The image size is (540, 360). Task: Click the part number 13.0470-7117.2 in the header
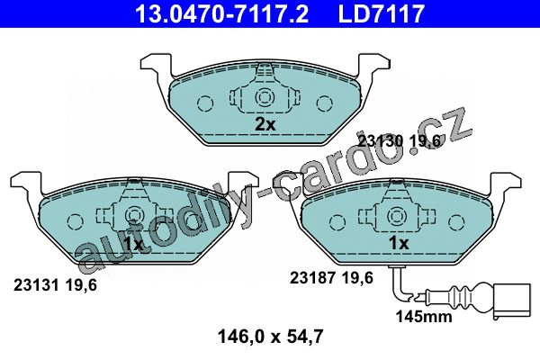click(x=221, y=13)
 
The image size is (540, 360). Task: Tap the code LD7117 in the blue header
click(x=382, y=13)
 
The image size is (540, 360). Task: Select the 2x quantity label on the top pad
click(x=265, y=124)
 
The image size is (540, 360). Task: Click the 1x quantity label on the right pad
click(x=399, y=243)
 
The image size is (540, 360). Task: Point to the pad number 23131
click(x=35, y=285)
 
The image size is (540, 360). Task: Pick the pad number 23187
click(x=311, y=278)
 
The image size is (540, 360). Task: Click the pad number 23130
click(x=381, y=141)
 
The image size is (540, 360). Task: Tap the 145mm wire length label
click(x=424, y=316)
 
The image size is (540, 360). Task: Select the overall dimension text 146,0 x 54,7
click(x=271, y=337)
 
